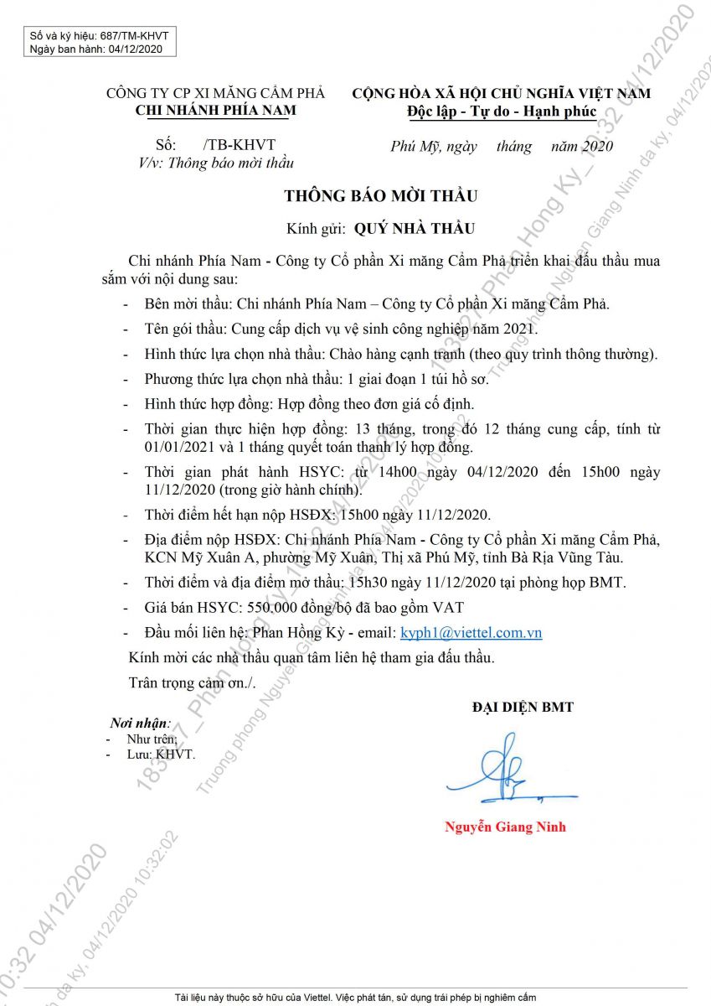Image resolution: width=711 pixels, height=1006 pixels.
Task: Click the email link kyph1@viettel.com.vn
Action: (471, 633)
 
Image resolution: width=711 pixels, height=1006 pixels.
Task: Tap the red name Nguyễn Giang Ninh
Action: (505, 827)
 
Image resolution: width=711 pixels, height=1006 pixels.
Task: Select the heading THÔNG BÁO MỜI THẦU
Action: (380, 196)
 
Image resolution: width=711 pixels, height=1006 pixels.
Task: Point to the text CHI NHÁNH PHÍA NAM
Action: (215, 110)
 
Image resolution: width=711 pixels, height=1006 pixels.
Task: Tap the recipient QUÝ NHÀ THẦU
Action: (414, 227)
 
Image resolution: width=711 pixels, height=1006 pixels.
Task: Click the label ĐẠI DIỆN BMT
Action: (523, 708)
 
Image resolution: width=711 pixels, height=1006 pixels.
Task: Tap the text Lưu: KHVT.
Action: (161, 754)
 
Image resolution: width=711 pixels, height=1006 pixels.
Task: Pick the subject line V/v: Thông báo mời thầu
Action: (216, 163)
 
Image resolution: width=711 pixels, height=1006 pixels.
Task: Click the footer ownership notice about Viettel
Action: (355, 998)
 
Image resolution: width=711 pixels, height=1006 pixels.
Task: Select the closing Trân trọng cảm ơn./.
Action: (192, 682)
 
